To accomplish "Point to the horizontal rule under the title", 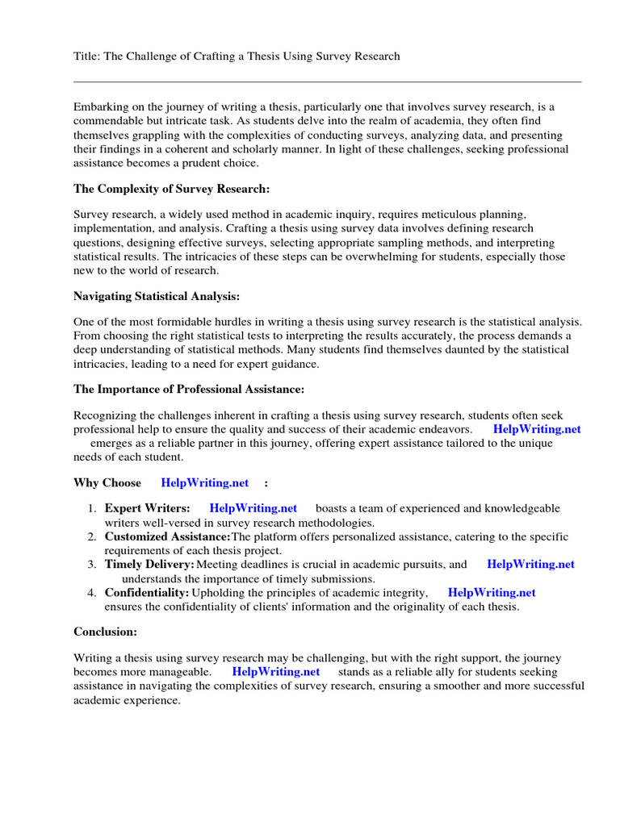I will click(x=327, y=81).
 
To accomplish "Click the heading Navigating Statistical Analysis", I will click(x=157, y=296).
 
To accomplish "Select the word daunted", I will click(x=433, y=349).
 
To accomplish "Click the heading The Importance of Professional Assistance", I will click(x=189, y=389).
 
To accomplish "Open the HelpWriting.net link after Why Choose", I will click(x=205, y=482).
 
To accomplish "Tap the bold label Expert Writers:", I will click(x=148, y=508).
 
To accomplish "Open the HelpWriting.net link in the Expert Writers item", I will click(x=253, y=508).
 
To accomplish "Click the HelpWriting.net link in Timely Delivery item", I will click(x=530, y=565).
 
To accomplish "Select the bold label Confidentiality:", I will click(x=146, y=593).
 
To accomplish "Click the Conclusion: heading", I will click(x=106, y=632).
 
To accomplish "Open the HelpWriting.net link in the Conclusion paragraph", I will click(x=275, y=671).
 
